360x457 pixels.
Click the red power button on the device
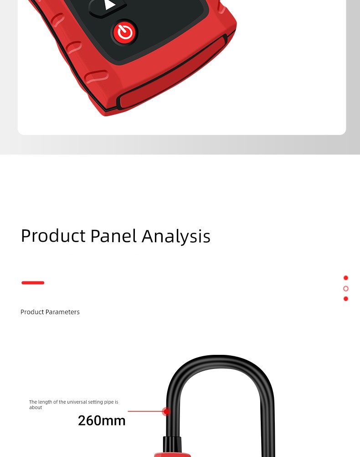(125, 32)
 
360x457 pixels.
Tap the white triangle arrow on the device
(110, 5)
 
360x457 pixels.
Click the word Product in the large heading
(53, 235)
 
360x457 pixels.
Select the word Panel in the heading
(113, 235)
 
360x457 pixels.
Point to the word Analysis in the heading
(176, 236)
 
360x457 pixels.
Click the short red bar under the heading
(33, 283)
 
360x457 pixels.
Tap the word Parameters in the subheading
(62, 312)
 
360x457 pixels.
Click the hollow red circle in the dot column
(346, 289)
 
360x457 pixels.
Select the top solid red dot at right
(346, 278)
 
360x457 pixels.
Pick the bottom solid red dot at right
(346, 299)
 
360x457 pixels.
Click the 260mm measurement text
(102, 421)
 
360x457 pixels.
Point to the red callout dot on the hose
(166, 411)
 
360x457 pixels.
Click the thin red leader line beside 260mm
(146, 411)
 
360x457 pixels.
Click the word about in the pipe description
(36, 407)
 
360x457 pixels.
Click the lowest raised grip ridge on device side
(97, 76)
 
